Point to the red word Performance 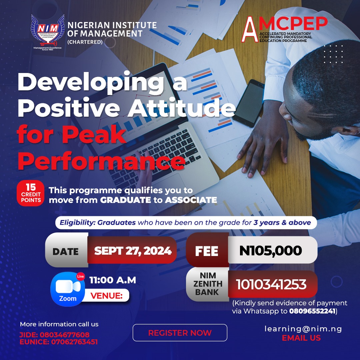[101, 160]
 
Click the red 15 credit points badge [30, 193]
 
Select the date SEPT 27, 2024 [133, 251]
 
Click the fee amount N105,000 [270, 251]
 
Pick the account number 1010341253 [271, 284]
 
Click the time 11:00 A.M [113, 280]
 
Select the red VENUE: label [106, 296]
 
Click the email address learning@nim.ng [303, 329]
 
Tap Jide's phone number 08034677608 [65, 335]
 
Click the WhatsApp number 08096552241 [312, 311]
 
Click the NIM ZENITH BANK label [207, 284]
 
